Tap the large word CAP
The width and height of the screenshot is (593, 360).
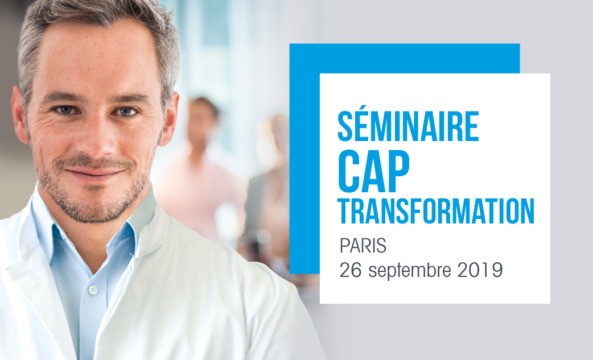tap(374, 171)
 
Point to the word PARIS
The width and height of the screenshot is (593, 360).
tap(363, 246)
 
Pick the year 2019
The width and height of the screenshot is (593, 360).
tap(480, 270)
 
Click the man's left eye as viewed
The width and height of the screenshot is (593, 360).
tap(66, 110)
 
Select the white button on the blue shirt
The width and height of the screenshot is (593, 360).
tap(93, 289)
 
